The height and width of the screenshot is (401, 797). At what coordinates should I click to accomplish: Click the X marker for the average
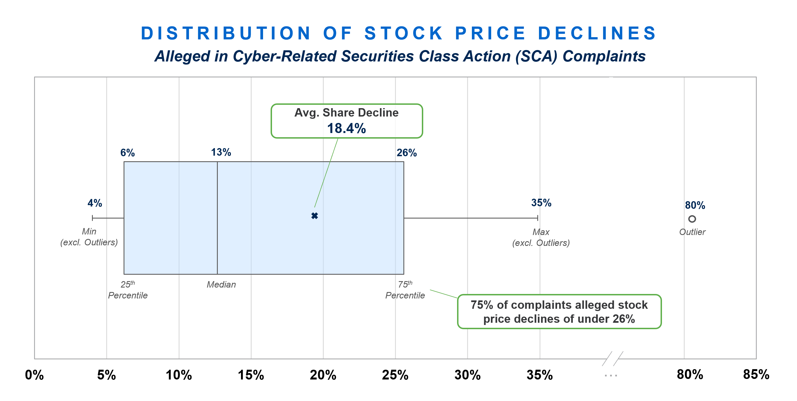click(314, 216)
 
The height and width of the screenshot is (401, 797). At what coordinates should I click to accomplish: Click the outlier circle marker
click(692, 219)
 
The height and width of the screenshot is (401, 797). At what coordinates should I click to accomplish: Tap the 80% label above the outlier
click(695, 205)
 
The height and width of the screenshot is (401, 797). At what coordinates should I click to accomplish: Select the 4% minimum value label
click(95, 203)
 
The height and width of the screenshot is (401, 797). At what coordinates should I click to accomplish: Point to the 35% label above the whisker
click(541, 203)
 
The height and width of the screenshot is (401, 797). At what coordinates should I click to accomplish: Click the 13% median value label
click(221, 152)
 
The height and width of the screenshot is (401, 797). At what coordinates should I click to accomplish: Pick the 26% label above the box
click(406, 153)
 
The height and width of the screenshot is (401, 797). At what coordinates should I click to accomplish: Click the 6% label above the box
click(127, 153)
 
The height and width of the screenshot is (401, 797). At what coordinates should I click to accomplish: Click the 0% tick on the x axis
click(34, 375)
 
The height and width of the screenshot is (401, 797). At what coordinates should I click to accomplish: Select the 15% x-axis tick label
click(251, 375)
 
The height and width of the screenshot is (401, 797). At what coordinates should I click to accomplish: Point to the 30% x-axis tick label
click(467, 375)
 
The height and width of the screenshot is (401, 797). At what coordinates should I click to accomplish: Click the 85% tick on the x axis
click(756, 374)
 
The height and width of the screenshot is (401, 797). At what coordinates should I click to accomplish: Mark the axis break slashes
click(612, 359)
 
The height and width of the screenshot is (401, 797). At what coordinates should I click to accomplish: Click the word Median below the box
click(221, 284)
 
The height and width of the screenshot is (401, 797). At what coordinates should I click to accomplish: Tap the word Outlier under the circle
click(692, 232)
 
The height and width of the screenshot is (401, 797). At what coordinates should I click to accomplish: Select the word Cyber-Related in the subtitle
click(284, 56)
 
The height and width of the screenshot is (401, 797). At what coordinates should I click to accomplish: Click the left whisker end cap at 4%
click(93, 218)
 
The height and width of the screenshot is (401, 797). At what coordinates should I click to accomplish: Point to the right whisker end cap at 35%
click(538, 218)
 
